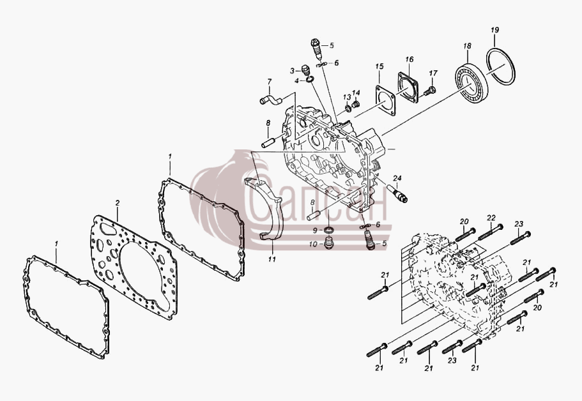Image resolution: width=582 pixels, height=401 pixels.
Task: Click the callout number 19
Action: (494, 30)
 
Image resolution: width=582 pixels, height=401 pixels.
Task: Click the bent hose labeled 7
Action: (271, 99)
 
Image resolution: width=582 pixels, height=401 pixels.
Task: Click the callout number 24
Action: (397, 178)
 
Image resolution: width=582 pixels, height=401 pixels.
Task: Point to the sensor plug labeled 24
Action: (397, 193)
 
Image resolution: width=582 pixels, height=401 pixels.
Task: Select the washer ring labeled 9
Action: (328, 230)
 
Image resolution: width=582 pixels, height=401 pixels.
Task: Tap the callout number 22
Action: (491, 217)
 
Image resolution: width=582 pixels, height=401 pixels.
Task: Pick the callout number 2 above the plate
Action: (118, 203)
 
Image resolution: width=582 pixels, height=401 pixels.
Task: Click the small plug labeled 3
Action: (306, 70)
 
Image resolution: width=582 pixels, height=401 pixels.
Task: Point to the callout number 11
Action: (272, 259)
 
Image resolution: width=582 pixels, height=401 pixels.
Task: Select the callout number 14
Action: (356, 93)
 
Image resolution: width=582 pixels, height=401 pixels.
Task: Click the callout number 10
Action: (313, 244)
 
